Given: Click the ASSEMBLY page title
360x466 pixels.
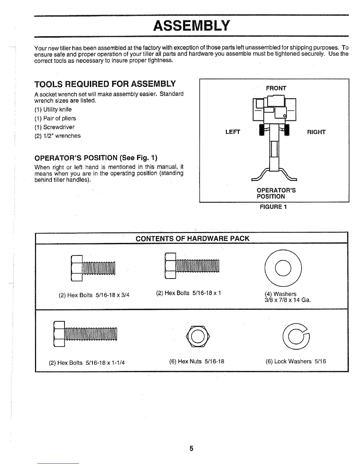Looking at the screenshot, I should (191, 26).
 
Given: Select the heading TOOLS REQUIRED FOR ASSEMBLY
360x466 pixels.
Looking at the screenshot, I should (105, 84).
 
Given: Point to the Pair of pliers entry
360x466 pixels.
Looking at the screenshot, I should (55, 118).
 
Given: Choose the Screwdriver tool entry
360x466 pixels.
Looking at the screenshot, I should (54, 127).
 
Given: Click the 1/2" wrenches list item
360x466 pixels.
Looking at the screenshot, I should (57, 136).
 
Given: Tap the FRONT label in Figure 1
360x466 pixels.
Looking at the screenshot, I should (276, 88).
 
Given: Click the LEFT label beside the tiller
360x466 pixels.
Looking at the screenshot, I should (233, 132).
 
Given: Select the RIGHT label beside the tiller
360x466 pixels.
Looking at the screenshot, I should (316, 132).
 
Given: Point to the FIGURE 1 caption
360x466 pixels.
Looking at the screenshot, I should (273, 207).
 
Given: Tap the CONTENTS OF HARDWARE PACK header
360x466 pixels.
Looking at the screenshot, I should (192, 239).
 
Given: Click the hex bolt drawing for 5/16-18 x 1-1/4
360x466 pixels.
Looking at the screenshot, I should (85, 333).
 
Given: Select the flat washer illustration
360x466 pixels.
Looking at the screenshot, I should (284, 268).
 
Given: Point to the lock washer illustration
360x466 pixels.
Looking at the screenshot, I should (296, 336).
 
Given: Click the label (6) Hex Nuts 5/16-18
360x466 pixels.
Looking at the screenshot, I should (197, 361).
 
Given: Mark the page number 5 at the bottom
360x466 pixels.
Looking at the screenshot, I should (191, 448).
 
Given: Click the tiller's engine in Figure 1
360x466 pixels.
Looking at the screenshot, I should (275, 110).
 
